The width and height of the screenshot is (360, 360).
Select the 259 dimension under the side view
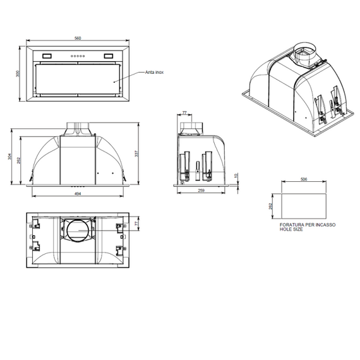201,190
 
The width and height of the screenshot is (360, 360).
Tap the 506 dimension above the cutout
304,179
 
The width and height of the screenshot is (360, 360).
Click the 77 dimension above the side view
184,112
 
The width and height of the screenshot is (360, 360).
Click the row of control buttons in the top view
77,56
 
